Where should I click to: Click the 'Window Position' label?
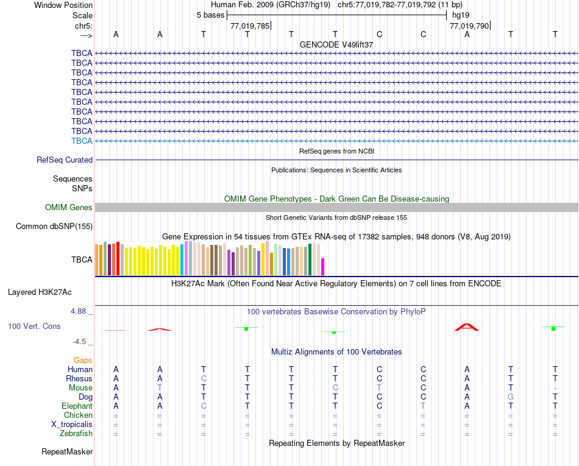(63, 5)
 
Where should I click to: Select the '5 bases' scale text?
(210, 15)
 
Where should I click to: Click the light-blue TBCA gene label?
(82, 141)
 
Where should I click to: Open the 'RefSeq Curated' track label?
(65, 160)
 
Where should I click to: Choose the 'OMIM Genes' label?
(69, 208)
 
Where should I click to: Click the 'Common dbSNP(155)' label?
(54, 227)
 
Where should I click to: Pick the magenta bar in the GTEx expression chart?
(323, 267)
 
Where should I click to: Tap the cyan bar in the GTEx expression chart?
(182, 259)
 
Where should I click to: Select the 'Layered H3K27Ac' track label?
(50, 292)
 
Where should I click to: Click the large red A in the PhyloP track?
(467, 327)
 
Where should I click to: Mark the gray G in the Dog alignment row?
(511, 397)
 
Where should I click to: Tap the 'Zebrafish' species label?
(76, 433)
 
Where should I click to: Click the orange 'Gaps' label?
(83, 360)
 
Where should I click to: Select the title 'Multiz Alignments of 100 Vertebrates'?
(336, 352)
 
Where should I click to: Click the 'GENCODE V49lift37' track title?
(336, 44)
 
